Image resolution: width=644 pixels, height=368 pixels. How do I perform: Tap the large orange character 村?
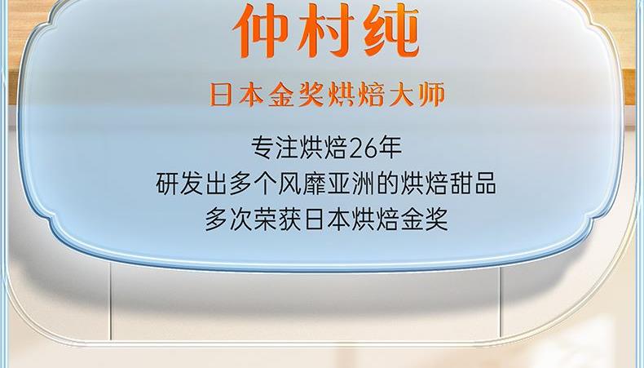326,30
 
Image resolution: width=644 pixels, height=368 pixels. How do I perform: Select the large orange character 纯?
390,30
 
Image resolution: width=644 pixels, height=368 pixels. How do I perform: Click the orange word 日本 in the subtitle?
236,95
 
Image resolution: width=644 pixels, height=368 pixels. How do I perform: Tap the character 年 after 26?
390,148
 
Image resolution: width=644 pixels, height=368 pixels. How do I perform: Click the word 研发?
179,184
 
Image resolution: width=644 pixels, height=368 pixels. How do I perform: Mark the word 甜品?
472,184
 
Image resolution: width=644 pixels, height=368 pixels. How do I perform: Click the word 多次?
229,219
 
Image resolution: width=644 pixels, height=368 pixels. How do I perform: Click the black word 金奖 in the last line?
424,219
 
